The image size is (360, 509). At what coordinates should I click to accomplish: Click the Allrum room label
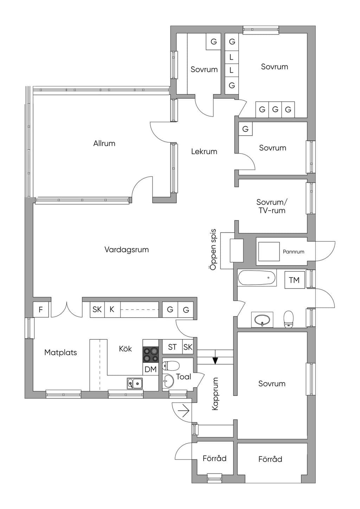104,143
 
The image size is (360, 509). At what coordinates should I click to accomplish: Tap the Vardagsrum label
127,250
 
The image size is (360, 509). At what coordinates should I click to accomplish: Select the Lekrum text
204,151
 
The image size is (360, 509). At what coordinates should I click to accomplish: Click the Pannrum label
293,252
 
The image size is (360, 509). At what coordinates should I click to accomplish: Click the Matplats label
60,352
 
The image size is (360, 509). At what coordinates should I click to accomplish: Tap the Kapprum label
215,394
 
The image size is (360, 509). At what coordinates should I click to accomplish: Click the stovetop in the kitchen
150,355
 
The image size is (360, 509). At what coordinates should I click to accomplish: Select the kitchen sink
135,384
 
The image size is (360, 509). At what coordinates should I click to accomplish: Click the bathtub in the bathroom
257,278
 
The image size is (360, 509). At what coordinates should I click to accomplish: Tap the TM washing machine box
295,280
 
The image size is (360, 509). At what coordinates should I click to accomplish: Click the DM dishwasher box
150,369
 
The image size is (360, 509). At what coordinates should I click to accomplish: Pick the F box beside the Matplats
41,309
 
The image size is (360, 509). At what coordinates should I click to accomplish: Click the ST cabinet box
172,347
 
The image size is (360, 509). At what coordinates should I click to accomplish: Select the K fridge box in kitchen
112,309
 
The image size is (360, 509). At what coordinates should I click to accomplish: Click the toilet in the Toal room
171,366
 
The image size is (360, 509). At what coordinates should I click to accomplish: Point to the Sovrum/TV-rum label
272,206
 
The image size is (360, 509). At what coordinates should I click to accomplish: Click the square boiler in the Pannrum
268,252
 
